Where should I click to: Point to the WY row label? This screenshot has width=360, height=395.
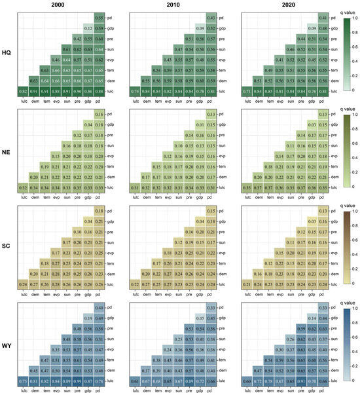click(x=7, y=346)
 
